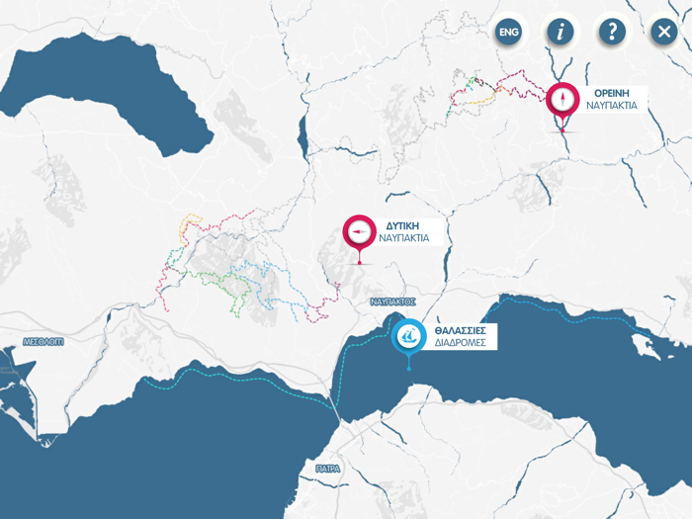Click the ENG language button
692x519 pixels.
pos(509,33)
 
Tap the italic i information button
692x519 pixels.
pos(561,32)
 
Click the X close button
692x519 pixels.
pos(663,32)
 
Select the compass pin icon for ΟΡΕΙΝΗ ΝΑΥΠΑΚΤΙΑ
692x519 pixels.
pos(562,99)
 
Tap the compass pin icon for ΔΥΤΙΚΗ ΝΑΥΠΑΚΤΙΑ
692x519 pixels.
pos(359,231)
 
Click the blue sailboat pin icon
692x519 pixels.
pos(409,336)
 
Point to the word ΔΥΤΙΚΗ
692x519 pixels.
pos(390,225)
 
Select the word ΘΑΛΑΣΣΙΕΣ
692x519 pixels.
pos(461,330)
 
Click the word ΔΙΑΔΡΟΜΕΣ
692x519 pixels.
pos(460,343)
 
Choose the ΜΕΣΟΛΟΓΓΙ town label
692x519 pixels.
pos(44,341)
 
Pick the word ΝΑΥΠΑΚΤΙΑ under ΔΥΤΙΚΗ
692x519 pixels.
pos(403,238)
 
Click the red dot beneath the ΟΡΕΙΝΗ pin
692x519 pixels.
pos(562,130)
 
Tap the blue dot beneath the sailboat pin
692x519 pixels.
pos(409,369)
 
